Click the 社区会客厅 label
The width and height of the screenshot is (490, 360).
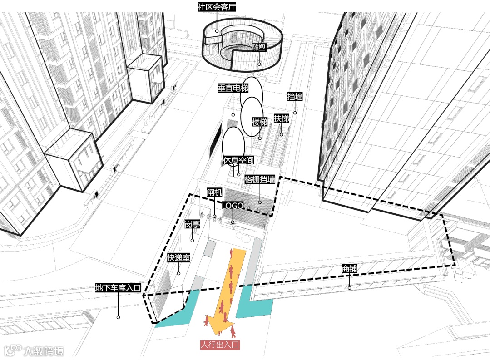point(217,7)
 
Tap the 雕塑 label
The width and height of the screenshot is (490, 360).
point(259,47)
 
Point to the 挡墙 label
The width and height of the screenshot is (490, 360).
point(295,96)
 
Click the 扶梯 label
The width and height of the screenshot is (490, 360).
point(281,119)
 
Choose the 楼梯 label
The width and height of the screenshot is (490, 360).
point(259,122)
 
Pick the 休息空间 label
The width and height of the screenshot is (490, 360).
point(238,160)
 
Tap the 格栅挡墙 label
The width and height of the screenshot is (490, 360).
point(260,179)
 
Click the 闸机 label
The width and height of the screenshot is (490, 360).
point(214,192)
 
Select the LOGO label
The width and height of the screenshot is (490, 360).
point(233,206)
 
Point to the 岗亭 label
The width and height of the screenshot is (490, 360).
point(192,224)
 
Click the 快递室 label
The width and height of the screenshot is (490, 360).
point(178,258)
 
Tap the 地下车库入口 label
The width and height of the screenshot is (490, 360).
point(119,288)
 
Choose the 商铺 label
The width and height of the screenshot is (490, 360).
point(349,269)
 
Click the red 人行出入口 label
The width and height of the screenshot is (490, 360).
point(220,345)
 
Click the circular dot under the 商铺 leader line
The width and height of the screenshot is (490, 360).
point(349,288)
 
